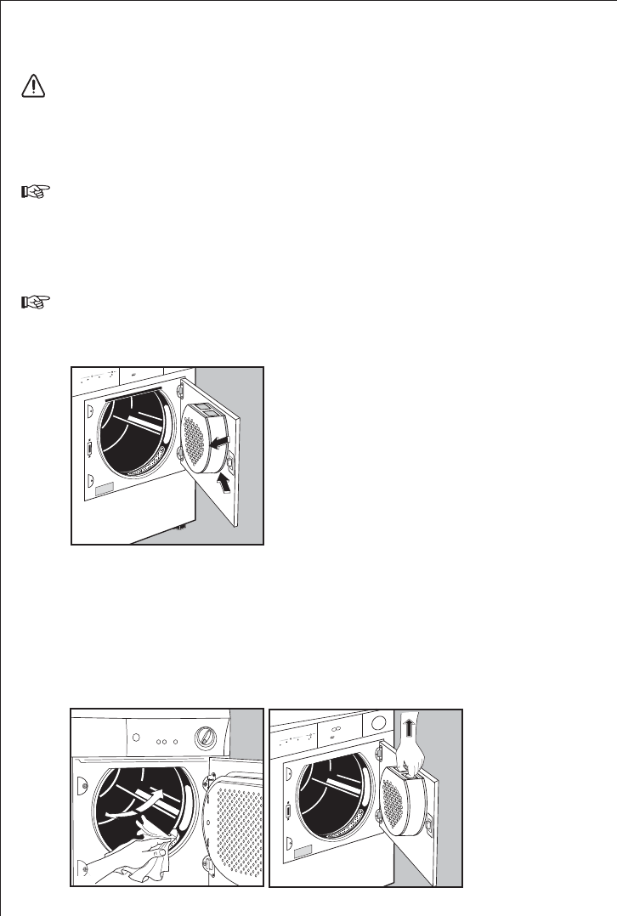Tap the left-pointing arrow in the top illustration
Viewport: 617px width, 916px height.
[x=220, y=441]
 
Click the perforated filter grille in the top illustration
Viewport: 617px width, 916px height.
[x=195, y=443]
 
